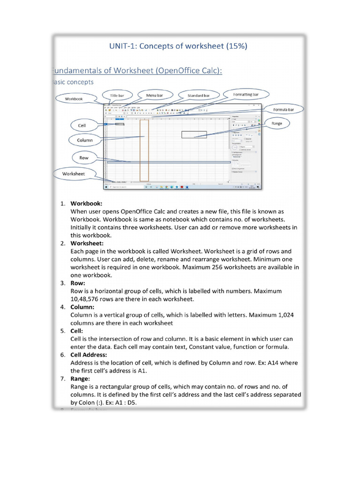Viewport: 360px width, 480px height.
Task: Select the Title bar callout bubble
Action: (x=117, y=95)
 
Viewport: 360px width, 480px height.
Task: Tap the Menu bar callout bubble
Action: (x=154, y=95)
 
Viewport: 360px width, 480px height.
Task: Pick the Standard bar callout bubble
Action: (x=198, y=96)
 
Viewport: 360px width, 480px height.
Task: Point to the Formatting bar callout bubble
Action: (x=246, y=95)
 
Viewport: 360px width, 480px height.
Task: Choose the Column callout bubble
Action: (x=85, y=140)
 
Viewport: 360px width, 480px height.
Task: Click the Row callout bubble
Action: (x=84, y=157)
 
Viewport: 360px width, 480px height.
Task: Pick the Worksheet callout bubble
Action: (x=74, y=173)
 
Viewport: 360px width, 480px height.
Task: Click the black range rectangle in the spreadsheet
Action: (x=194, y=135)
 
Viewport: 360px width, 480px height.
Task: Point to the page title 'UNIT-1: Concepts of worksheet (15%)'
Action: (x=179, y=46)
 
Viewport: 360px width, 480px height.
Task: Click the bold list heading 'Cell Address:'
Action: (x=89, y=355)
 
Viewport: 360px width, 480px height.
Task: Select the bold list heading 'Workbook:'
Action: (x=86, y=203)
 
